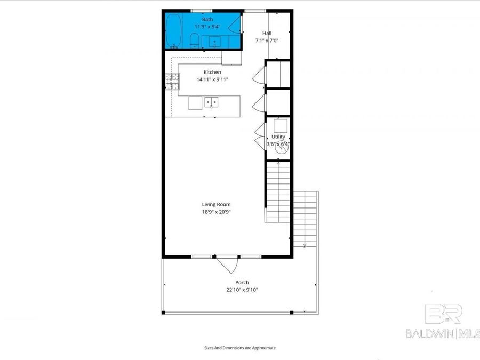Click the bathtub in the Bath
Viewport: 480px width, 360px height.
(173, 31)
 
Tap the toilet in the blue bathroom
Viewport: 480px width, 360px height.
(195, 40)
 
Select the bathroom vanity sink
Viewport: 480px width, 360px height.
(215, 41)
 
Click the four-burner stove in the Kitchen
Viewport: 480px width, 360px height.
(172, 81)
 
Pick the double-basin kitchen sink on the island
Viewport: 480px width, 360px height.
(212, 102)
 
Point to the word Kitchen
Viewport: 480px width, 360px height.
(212, 72)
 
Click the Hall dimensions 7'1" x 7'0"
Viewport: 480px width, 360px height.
(267, 40)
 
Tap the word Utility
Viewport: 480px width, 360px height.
(278, 137)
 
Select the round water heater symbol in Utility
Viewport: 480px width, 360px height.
(281, 149)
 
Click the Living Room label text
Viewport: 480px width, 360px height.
(216, 204)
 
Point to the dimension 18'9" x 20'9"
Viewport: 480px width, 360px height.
(216, 212)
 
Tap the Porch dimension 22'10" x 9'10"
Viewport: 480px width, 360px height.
(242, 290)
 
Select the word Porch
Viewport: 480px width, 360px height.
(242, 283)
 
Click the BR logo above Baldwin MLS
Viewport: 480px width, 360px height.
(443, 314)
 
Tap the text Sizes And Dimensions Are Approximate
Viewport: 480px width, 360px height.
(240, 348)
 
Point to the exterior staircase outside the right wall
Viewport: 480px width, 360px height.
(305, 219)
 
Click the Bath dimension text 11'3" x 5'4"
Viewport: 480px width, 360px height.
(207, 26)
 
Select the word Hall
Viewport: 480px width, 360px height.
(267, 33)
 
